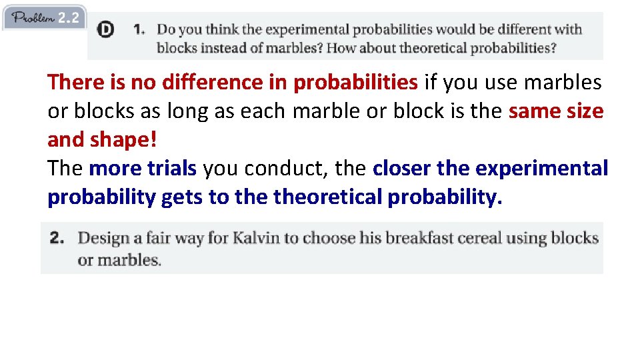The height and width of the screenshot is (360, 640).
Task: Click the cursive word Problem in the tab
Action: pos(33,18)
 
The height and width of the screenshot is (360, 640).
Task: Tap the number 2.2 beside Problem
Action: pos(69,18)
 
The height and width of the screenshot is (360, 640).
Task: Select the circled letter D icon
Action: pos(105,30)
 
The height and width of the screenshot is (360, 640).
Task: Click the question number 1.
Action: pos(139,29)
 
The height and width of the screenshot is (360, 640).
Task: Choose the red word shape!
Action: pos(120,139)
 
